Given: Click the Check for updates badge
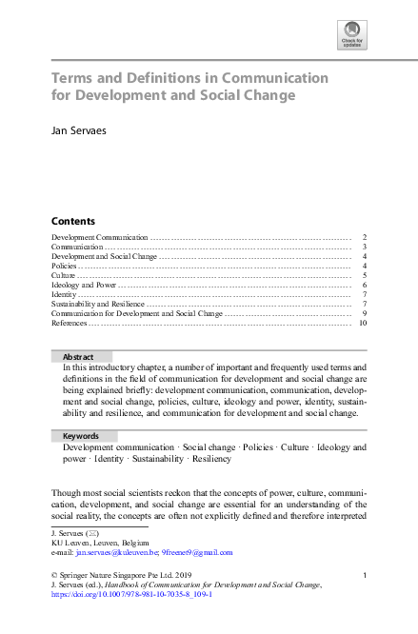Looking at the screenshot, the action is point(351,35).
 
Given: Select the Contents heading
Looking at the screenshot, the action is point(73,219).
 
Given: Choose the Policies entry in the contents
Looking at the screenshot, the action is point(64,266).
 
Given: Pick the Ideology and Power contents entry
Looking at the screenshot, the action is point(84,285).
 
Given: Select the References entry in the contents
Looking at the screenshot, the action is point(69,324).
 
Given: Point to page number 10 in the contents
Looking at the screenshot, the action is point(363,324).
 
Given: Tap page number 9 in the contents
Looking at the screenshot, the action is point(365,313).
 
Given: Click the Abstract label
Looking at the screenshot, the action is point(78,356).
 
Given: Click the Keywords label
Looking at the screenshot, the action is point(81,436).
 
